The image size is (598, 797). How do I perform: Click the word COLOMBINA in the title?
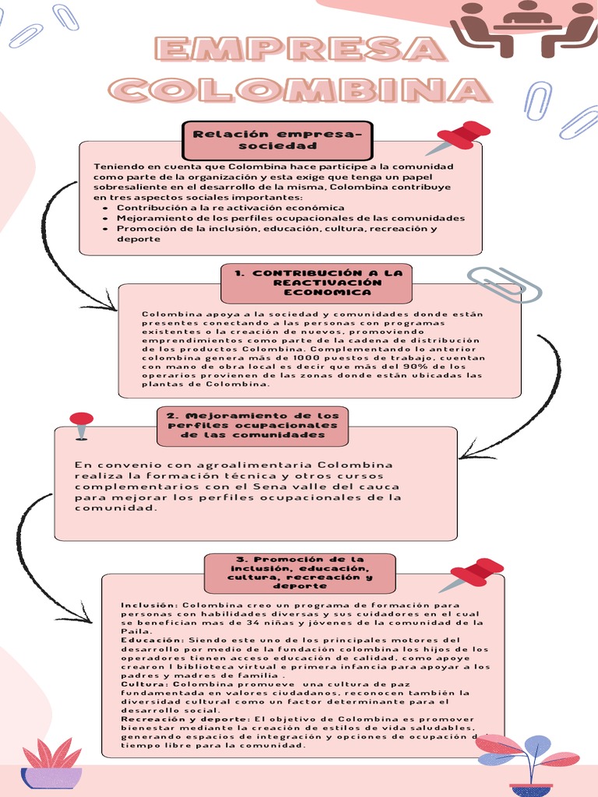point(301,90)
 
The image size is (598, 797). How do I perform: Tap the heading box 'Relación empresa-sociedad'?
point(278,140)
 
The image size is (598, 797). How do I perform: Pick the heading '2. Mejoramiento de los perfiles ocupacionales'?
point(252,426)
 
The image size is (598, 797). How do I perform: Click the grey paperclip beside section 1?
point(505,284)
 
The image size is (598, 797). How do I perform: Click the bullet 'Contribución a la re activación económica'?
point(230,208)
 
